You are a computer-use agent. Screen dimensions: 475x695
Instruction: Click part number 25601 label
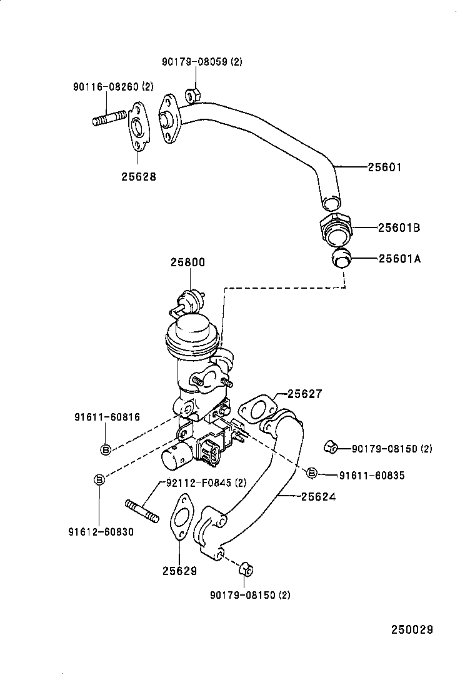click(x=384, y=167)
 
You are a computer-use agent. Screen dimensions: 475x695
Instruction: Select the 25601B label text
click(x=399, y=228)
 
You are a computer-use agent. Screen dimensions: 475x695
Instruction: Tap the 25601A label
click(x=399, y=258)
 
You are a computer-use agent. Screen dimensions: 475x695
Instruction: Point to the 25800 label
click(x=188, y=262)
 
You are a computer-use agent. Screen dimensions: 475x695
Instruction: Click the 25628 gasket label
click(x=139, y=177)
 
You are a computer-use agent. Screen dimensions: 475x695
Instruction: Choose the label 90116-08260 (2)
click(x=113, y=86)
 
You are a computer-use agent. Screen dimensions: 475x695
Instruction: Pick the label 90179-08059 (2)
click(x=202, y=62)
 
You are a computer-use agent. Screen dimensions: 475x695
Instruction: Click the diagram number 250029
click(x=412, y=629)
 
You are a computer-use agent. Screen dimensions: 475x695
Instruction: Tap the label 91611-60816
click(x=107, y=417)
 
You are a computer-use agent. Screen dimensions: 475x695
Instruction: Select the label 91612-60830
click(x=101, y=532)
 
